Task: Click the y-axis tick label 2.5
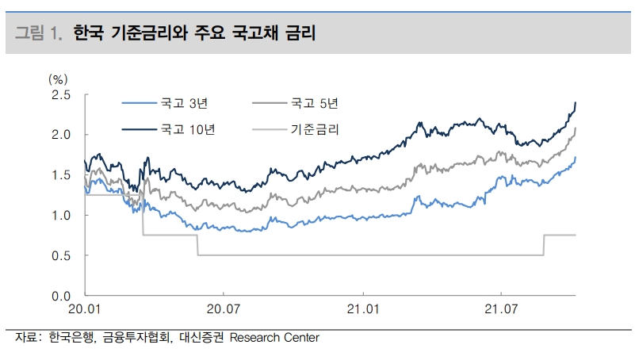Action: pos(61,95)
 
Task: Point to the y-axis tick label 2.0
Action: pos(61,135)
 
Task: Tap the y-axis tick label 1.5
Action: pos(61,175)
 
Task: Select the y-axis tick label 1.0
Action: pos(61,216)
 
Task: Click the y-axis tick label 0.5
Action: pos(61,256)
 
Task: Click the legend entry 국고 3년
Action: pos(183,102)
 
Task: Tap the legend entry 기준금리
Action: pos(315,128)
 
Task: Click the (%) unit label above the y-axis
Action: pos(59,79)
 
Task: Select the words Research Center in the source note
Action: pos(274,338)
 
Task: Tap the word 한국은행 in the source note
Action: pos(72,338)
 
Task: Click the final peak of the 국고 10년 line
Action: pos(575,102)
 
